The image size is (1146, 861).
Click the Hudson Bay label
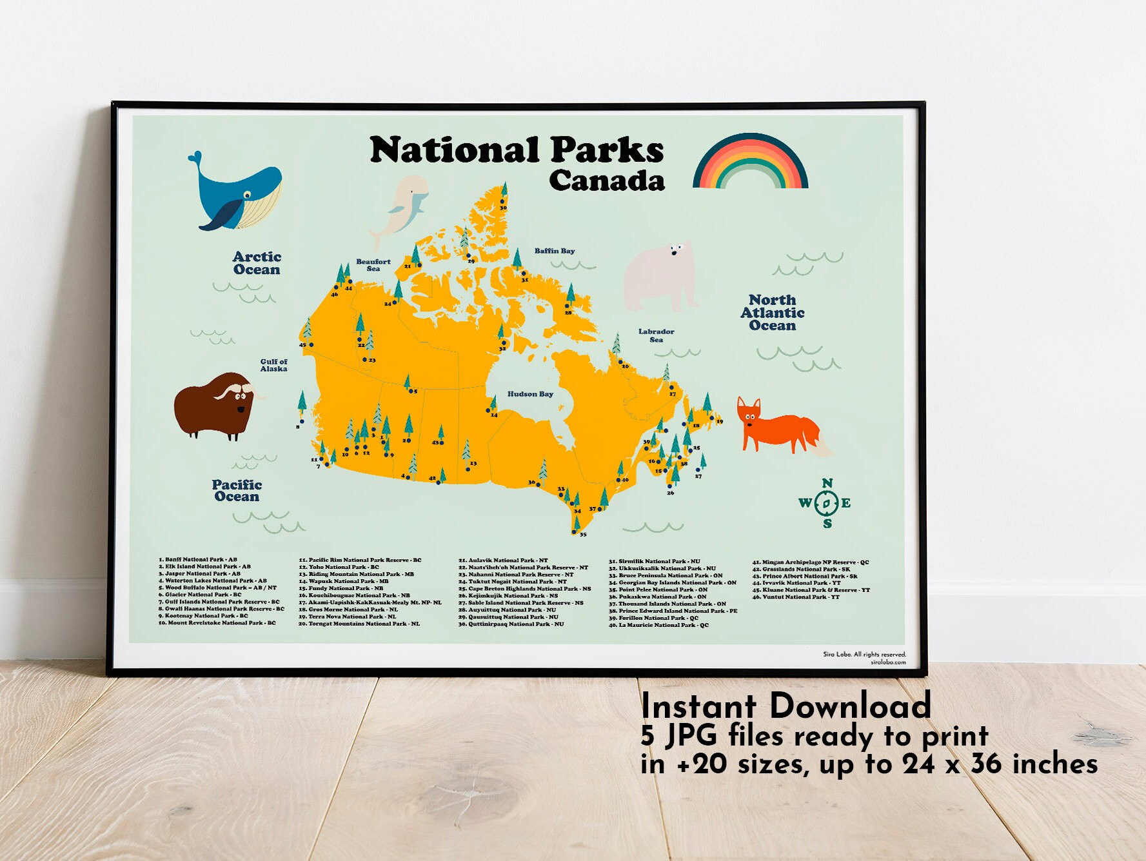pyautogui.click(x=530, y=394)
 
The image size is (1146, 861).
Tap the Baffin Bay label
pyautogui.click(x=554, y=251)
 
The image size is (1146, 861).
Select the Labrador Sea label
pyautogui.click(x=656, y=335)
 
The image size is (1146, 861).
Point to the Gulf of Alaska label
pyautogui.click(x=273, y=365)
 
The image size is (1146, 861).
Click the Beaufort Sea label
pyautogui.click(x=373, y=265)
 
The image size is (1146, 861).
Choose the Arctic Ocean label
pyautogui.click(x=257, y=263)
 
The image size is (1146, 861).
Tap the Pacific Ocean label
pyautogui.click(x=237, y=490)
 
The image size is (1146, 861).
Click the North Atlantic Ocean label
pyautogui.click(x=772, y=313)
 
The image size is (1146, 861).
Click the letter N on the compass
pyautogui.click(x=827, y=483)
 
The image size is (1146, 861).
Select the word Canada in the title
pyautogui.click(x=606, y=181)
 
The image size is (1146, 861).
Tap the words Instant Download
pyautogui.click(x=785, y=706)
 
